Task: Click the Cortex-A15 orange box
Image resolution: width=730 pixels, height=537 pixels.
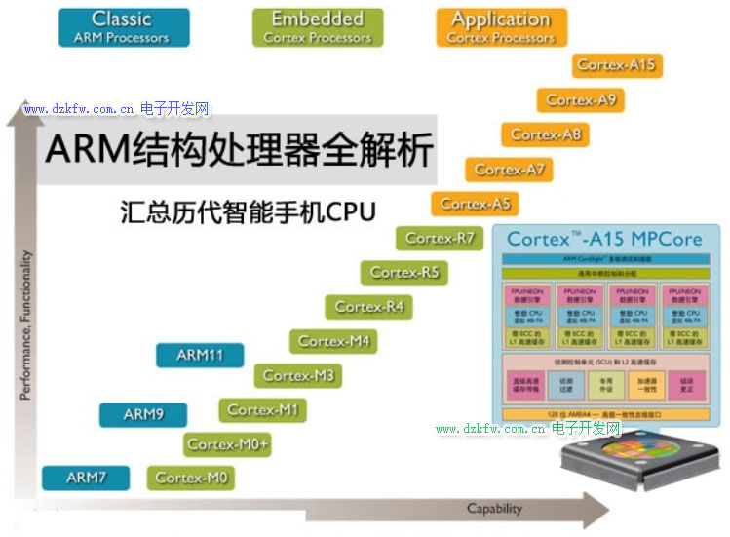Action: (x=616, y=65)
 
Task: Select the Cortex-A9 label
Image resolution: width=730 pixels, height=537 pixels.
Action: (x=581, y=99)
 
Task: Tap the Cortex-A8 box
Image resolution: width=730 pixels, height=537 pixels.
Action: (x=546, y=134)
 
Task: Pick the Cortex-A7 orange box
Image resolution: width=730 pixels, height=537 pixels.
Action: (x=510, y=170)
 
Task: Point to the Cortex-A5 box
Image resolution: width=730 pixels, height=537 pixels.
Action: (x=475, y=204)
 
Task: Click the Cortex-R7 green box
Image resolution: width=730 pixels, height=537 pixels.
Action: (x=440, y=238)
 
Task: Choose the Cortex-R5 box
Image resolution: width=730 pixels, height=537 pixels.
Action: (x=404, y=273)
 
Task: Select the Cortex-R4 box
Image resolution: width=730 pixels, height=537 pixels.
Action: (x=368, y=307)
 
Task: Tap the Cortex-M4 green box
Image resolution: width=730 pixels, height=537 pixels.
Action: (x=333, y=341)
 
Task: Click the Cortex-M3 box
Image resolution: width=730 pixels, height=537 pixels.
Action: (x=298, y=375)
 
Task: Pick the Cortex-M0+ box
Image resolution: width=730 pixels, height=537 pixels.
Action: (x=227, y=444)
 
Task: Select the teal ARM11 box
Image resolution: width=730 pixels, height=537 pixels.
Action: (x=200, y=356)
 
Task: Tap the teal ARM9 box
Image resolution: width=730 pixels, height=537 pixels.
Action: (x=142, y=415)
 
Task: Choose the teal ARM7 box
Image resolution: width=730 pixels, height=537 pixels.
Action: (x=86, y=478)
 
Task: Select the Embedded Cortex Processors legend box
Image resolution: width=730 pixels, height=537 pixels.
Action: (x=318, y=27)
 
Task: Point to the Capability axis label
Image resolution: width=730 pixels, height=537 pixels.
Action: (x=494, y=509)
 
